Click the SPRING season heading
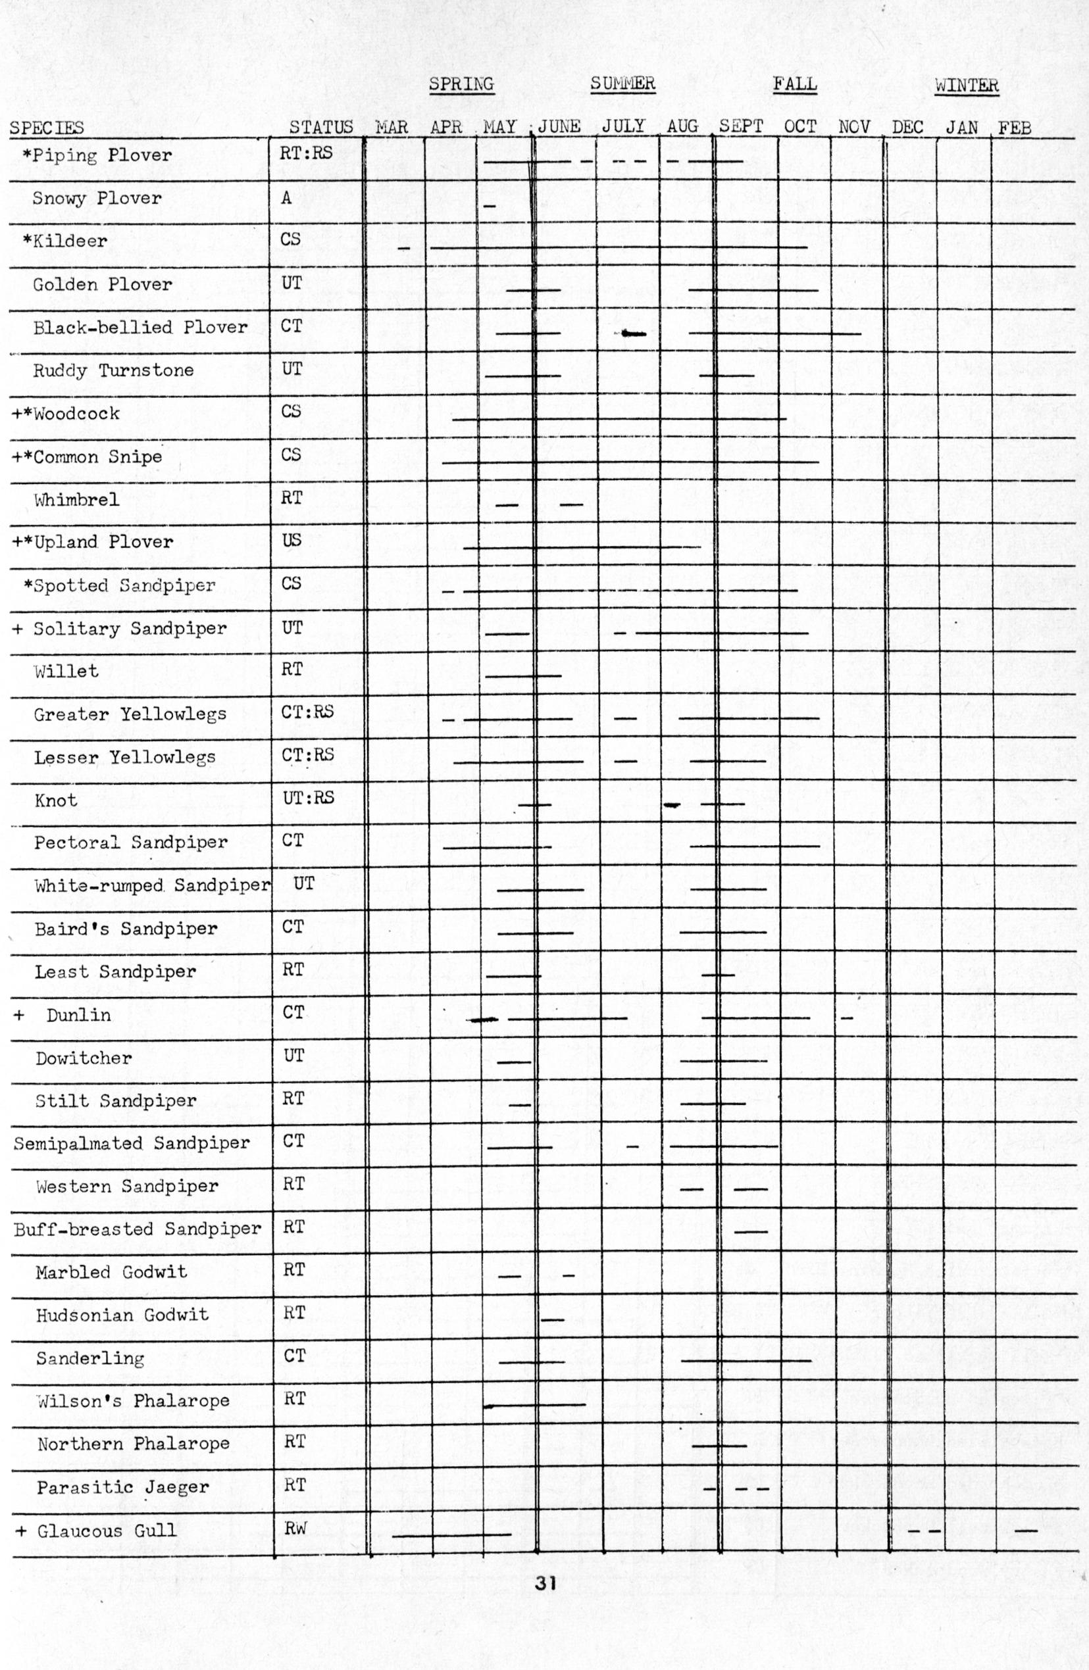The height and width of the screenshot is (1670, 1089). tap(461, 84)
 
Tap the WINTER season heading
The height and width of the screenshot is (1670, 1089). tap(966, 86)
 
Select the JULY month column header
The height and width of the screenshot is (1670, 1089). tap(622, 126)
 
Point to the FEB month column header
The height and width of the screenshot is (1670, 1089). tap(1015, 128)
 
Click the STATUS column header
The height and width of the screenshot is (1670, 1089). tap(321, 127)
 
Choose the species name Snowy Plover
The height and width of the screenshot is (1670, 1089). tap(97, 198)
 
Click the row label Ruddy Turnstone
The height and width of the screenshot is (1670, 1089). tap(113, 370)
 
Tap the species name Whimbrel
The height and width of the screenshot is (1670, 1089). tap(76, 500)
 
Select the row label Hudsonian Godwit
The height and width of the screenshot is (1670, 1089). tap(122, 1314)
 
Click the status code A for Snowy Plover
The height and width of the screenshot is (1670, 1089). tap(286, 198)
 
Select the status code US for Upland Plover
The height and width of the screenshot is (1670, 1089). tap(291, 539)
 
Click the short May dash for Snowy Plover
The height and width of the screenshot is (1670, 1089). tap(490, 207)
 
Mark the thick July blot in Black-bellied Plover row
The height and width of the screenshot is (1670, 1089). tap(633, 333)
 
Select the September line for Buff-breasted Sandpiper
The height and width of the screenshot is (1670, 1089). tap(751, 1232)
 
